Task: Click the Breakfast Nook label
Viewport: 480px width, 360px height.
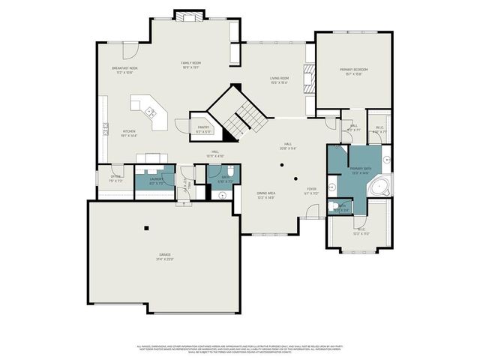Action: pos(123,69)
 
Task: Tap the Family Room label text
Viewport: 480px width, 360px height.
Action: pos(191,63)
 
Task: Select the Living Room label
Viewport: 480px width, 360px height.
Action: pos(280,78)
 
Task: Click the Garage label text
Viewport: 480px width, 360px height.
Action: pos(164,255)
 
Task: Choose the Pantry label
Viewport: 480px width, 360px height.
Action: pos(203,127)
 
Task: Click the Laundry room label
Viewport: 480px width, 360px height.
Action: pos(156,179)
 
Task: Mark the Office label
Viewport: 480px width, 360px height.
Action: pos(116,177)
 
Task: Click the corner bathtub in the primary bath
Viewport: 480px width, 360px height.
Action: pos(380,186)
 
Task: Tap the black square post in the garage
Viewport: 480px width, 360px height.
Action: pos(147,227)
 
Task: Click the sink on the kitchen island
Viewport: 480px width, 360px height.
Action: pos(150,112)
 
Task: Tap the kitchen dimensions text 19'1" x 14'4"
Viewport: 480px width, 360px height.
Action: pos(129,136)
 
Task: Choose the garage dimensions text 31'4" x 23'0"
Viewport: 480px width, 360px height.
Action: pos(164,259)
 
